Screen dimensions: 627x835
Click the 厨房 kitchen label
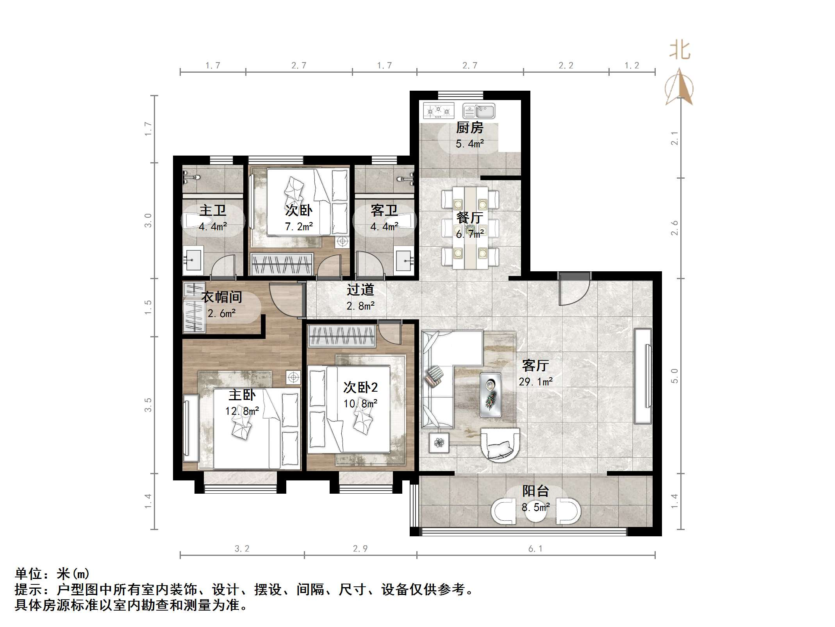pyautogui.click(x=469, y=127)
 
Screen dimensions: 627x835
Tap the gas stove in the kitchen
pyautogui.click(x=439, y=111)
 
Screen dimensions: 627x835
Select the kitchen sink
pyautogui.click(x=479, y=111)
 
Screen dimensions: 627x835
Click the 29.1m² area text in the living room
pyautogui.click(x=535, y=382)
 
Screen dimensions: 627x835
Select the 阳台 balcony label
pyautogui.click(x=535, y=491)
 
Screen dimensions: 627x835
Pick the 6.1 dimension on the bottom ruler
pyautogui.click(x=535, y=549)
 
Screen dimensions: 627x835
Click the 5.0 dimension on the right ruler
pyautogui.click(x=674, y=376)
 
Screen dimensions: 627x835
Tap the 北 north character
pyautogui.click(x=680, y=51)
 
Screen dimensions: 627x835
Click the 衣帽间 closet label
pyautogui.click(x=221, y=297)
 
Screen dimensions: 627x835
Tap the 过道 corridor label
pyautogui.click(x=360, y=290)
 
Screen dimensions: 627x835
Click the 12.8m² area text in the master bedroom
pyautogui.click(x=242, y=411)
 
